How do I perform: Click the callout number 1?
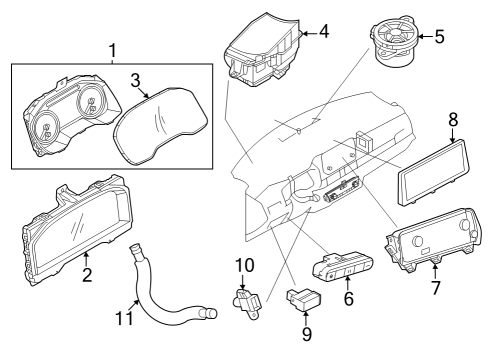(112, 49)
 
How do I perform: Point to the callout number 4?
(322, 32)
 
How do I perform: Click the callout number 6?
(348, 298)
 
